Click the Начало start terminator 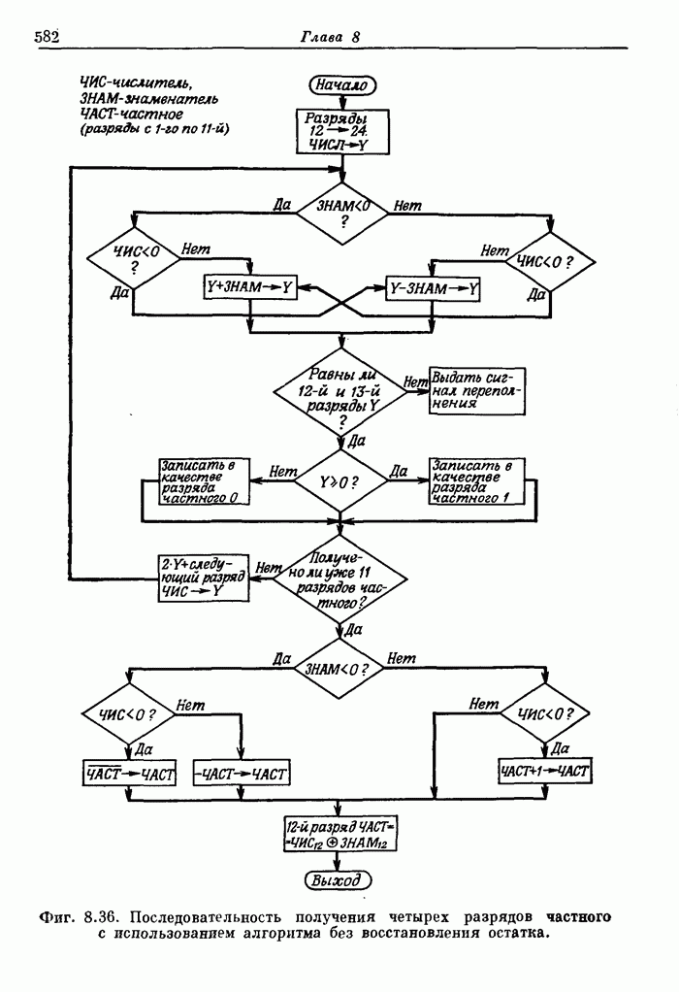point(339,86)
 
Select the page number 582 point(48,38)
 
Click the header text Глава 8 point(330,38)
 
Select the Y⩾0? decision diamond point(339,481)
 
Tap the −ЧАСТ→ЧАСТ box point(241,774)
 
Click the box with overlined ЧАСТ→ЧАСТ point(128,774)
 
